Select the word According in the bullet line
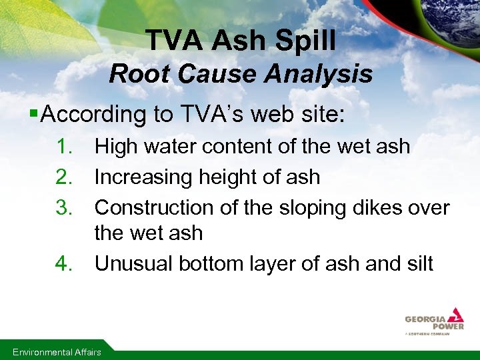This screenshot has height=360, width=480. tap(93, 114)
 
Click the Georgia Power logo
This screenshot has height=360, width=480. tap(434, 321)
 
